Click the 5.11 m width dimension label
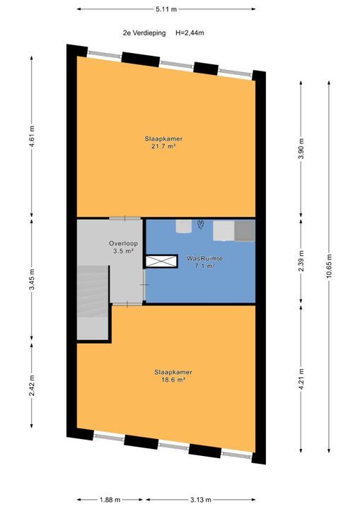[x=166, y=9]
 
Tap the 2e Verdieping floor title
[x=144, y=33]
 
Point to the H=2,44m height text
[x=190, y=33]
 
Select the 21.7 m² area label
[x=163, y=146]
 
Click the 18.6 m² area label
[x=173, y=380]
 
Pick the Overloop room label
[x=124, y=243]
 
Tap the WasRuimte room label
[x=204, y=259]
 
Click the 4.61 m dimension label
[x=32, y=136]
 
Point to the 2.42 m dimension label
[x=32, y=386]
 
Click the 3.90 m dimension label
[x=301, y=148]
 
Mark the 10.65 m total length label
[x=329, y=266]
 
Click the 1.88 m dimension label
[x=110, y=500]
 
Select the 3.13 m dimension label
[x=200, y=500]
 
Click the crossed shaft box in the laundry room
[x=161, y=262]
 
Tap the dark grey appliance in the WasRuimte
[x=245, y=230]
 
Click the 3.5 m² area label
[x=123, y=251]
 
